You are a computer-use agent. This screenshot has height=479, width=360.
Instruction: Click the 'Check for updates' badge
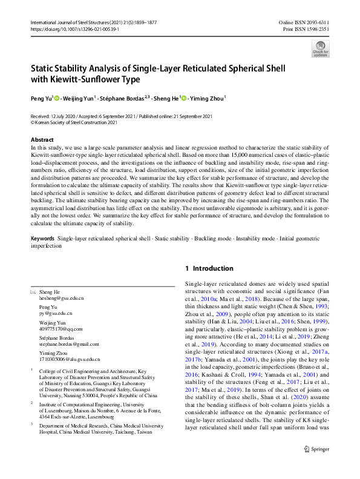320,48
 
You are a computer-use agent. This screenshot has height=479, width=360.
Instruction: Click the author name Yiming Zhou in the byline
206,97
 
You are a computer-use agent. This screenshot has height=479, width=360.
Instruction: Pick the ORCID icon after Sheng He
183,97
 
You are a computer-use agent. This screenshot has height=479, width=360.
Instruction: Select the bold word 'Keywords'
43,239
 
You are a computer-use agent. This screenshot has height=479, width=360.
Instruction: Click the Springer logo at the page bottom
316,466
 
